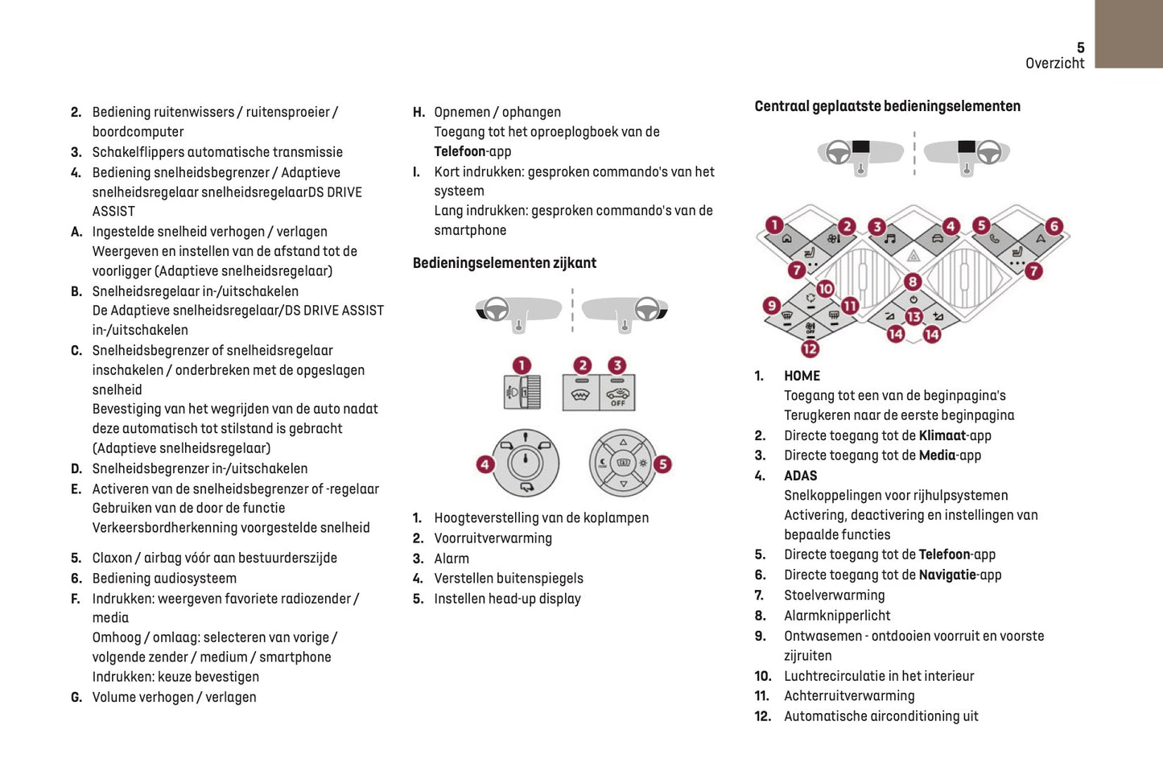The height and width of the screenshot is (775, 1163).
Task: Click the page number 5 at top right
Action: coord(1080,47)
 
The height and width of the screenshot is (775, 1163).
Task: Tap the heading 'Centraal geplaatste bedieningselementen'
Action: coord(887,106)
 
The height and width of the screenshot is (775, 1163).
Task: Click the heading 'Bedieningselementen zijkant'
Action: coord(504,263)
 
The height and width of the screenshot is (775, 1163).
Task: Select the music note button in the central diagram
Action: coord(890,239)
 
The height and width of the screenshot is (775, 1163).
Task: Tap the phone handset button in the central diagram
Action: coord(995,239)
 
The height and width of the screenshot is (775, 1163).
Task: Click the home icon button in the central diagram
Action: coord(786,239)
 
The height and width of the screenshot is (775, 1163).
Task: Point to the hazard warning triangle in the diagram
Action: coord(913,257)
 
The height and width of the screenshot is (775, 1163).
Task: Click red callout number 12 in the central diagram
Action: coord(810,348)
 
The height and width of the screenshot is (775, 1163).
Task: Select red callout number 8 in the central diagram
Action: coord(912,282)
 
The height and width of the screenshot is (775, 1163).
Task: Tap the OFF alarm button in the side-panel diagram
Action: coord(617,394)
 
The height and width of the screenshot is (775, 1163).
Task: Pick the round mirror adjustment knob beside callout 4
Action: coord(526,463)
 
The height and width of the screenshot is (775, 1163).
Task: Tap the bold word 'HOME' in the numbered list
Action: coord(802,376)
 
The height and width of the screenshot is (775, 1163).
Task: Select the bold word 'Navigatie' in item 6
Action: coord(947,575)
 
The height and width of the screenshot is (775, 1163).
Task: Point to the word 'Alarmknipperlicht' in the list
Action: coord(837,616)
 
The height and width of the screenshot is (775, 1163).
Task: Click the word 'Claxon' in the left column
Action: coord(112,558)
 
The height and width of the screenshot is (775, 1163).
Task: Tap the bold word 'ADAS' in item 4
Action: coord(800,476)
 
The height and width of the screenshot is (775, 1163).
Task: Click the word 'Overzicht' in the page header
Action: coord(1054,64)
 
